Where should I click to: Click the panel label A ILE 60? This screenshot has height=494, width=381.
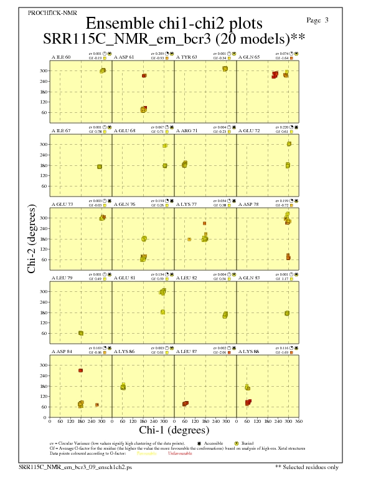(60, 57)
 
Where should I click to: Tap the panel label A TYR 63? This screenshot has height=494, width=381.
(186, 57)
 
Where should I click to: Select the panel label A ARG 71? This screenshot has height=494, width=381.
(187, 130)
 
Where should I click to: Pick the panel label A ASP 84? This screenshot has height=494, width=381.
(61, 351)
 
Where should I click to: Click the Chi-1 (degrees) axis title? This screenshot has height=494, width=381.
(174, 430)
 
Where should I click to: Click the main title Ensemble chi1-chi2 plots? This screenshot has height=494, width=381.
(174, 24)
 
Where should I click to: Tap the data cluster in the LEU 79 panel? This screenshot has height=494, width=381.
(81, 333)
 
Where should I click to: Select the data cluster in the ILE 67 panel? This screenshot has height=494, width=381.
(100, 167)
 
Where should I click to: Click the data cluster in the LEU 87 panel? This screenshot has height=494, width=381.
(186, 404)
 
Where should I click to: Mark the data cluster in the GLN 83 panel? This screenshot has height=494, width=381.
(287, 313)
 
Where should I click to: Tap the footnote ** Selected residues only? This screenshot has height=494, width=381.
(308, 466)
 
